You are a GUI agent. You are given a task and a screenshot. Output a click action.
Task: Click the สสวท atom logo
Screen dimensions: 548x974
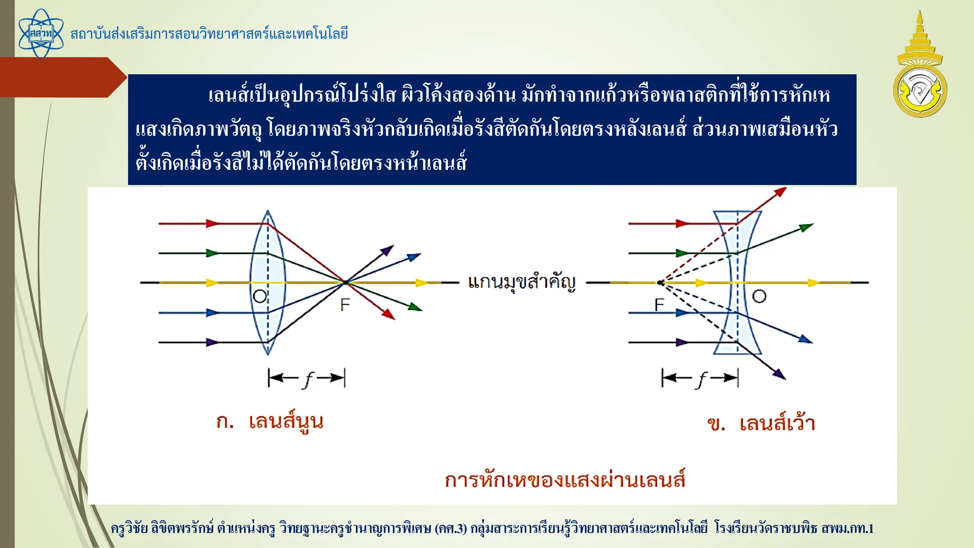pyautogui.click(x=41, y=34)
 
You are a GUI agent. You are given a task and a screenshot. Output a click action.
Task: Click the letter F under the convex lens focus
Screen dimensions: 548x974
pyautogui.click(x=345, y=304)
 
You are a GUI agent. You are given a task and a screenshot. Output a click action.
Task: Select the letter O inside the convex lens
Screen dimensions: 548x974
pyautogui.click(x=260, y=296)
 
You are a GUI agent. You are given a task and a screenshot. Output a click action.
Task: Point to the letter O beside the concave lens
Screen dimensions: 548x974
pyautogui.click(x=759, y=296)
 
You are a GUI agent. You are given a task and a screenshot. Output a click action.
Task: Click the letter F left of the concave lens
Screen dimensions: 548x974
pyautogui.click(x=659, y=304)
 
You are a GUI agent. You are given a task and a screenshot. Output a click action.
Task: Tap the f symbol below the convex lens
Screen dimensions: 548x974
pyautogui.click(x=308, y=379)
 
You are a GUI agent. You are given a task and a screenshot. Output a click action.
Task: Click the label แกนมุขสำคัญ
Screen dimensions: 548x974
pyautogui.click(x=522, y=282)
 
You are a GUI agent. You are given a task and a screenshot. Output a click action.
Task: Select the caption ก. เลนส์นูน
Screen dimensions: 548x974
pyautogui.click(x=270, y=422)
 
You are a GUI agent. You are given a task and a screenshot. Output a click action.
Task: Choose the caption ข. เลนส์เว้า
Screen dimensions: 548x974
pyautogui.click(x=761, y=423)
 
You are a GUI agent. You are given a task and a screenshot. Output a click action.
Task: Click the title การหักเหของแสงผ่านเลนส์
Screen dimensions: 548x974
pyautogui.click(x=565, y=480)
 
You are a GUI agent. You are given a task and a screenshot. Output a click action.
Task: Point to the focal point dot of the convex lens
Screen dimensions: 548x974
pyautogui.click(x=346, y=283)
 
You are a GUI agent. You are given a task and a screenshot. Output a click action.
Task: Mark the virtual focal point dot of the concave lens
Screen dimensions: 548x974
pyautogui.click(x=660, y=283)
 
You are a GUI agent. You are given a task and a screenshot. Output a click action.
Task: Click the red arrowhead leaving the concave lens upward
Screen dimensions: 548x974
pyautogui.click(x=780, y=191)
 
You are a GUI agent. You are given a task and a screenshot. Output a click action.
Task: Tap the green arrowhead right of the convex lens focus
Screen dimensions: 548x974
pyautogui.click(x=415, y=307)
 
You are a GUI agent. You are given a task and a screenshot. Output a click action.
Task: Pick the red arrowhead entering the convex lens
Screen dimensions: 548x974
pyautogui.click(x=212, y=223)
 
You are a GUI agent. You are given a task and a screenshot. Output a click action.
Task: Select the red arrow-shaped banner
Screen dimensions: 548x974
pyautogui.click(x=62, y=77)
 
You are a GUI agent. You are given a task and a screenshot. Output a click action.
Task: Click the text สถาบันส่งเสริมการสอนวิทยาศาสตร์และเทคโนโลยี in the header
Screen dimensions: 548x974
pyautogui.click(x=209, y=34)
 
